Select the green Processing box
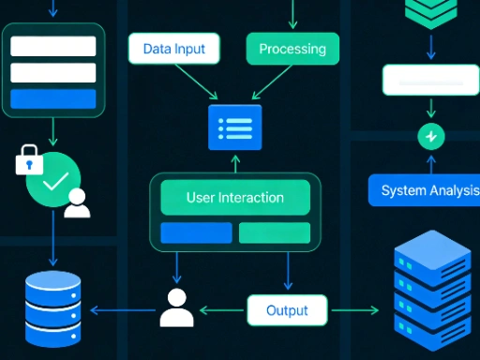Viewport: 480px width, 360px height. [292, 49]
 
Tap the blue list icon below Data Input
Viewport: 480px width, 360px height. [234, 127]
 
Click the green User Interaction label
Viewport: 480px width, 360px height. [234, 198]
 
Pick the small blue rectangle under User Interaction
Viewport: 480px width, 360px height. [196, 232]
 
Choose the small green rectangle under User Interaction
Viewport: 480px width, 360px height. [274, 232]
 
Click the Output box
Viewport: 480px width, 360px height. [288, 310]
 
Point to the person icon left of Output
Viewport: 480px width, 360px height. [175, 307]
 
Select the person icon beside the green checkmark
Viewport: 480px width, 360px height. [77, 203]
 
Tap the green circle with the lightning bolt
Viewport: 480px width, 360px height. [430, 137]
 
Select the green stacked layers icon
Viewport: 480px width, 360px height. [430, 13]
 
